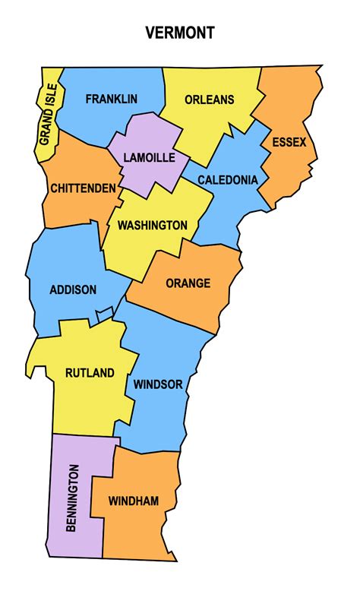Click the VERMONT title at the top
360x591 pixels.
[180, 33]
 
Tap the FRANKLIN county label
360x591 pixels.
[111, 99]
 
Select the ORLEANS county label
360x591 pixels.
[209, 100]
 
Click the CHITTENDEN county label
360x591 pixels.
[84, 188]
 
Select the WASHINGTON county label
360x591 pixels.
[152, 225]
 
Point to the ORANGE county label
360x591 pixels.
[188, 283]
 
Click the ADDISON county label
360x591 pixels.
[73, 289]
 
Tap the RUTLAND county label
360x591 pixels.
[90, 373]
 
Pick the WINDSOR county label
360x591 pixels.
[158, 384]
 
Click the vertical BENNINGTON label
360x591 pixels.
[74, 498]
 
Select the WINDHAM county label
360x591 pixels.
[134, 501]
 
